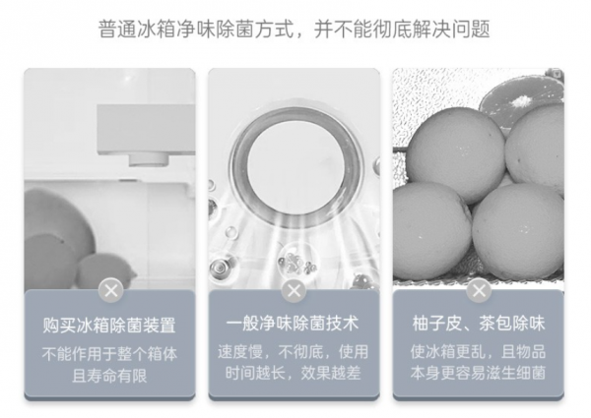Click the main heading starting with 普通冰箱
(294, 29)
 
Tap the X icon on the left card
(110, 290)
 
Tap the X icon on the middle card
(294, 290)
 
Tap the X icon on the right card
(479, 290)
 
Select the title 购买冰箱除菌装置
(109, 325)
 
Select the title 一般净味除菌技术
(293, 324)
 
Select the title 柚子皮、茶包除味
(479, 324)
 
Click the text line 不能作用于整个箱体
(109, 354)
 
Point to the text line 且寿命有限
(109, 376)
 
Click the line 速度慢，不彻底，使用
(294, 352)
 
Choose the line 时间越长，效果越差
(294, 373)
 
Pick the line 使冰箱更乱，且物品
(479, 352)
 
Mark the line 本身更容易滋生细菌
(479, 373)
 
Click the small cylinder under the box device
(148, 159)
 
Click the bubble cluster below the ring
(296, 263)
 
